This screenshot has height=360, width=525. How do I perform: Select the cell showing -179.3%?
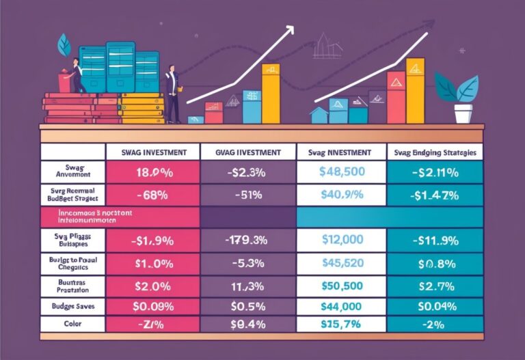tap(248, 240)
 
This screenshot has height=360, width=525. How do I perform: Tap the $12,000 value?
tap(341, 240)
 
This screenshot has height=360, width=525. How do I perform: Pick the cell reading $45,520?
tap(341, 262)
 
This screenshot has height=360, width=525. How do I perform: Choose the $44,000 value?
tap(341, 307)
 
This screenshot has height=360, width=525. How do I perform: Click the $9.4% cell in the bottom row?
tap(248, 326)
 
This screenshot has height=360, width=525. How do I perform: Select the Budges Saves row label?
tap(72, 307)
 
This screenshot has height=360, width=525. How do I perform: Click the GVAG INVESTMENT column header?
tap(248, 152)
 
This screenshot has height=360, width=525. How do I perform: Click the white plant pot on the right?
tap(463, 113)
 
